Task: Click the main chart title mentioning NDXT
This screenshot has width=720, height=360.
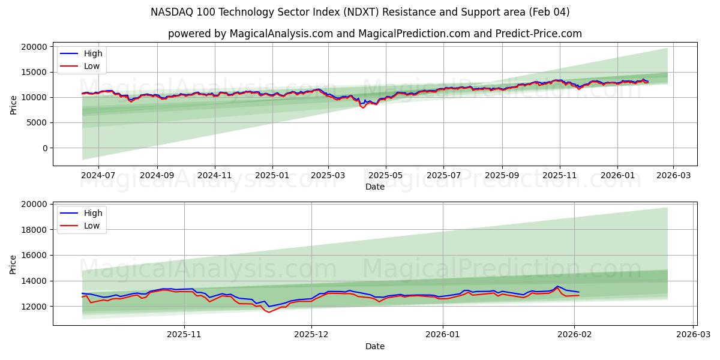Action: pyautogui.click(x=360, y=12)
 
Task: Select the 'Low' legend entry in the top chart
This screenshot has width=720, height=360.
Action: pyautogui.click(x=92, y=66)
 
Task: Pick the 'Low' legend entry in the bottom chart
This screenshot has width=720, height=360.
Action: pyautogui.click(x=92, y=226)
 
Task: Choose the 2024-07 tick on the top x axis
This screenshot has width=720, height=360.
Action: pyautogui.click(x=98, y=175)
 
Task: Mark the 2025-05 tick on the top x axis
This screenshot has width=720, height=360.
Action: pyautogui.click(x=386, y=175)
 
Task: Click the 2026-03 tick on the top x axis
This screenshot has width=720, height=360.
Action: pyautogui.click(x=673, y=175)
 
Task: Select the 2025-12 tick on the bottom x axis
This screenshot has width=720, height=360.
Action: pyautogui.click(x=311, y=335)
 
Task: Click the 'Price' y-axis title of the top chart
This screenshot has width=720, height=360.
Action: pyautogui.click(x=14, y=104)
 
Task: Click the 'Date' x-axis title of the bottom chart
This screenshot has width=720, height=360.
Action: pyautogui.click(x=375, y=346)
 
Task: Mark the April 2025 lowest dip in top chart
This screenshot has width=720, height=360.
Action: pyautogui.click(x=363, y=107)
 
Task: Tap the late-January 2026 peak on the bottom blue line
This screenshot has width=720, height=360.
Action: pyautogui.click(x=557, y=286)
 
